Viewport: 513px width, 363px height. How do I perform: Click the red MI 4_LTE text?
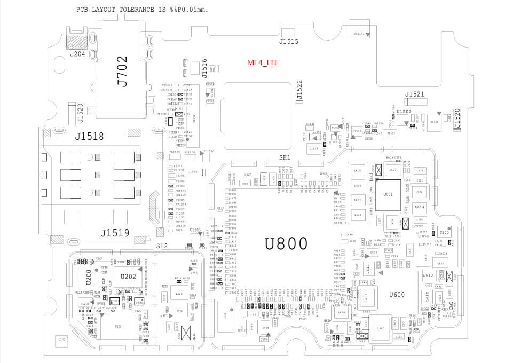(x=262, y=62)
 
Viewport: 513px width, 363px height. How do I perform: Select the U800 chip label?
(x=286, y=243)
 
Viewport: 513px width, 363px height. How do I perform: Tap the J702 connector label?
(x=123, y=72)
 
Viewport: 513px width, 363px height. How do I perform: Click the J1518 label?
(x=89, y=137)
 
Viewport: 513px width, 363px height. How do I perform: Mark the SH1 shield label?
(x=285, y=157)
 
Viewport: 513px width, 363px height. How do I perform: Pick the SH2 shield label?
(x=162, y=246)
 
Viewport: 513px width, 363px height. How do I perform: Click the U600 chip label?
(x=397, y=295)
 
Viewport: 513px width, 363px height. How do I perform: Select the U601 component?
(x=388, y=194)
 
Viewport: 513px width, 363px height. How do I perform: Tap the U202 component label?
(x=128, y=277)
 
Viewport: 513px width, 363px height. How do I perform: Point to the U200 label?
(x=89, y=277)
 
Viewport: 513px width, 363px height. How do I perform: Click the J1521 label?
(x=414, y=94)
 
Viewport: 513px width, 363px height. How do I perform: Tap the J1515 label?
(x=289, y=41)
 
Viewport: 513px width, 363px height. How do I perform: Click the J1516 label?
(x=204, y=67)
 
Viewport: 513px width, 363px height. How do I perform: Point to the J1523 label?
(x=80, y=113)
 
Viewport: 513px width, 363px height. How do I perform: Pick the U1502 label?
(x=404, y=111)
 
